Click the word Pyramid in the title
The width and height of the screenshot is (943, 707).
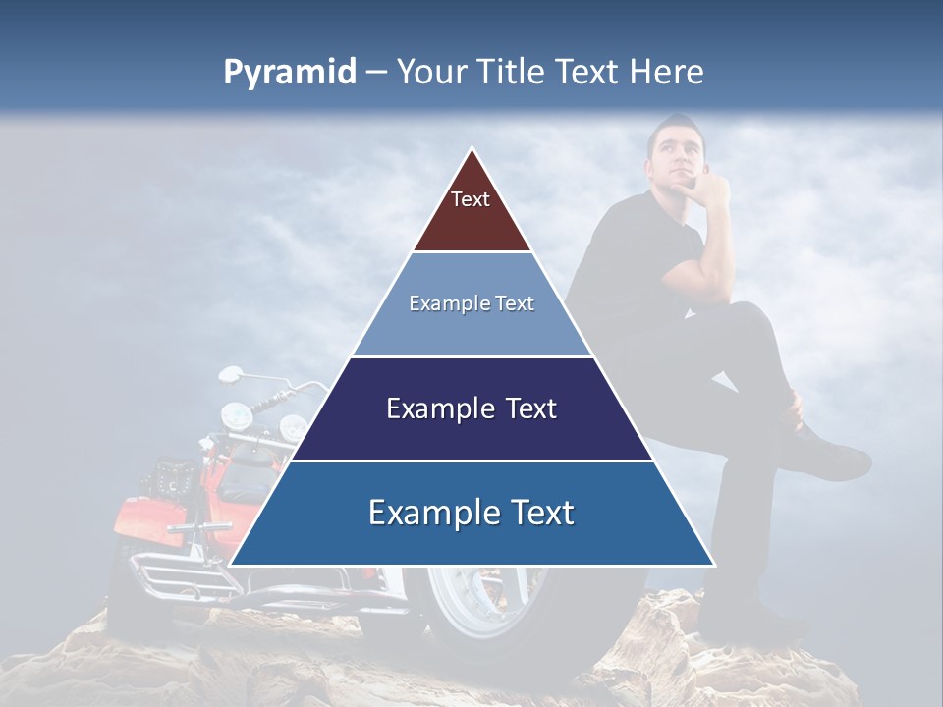coord(289,73)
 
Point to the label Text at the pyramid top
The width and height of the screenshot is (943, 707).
coord(471,199)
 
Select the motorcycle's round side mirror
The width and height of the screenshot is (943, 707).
coord(229,374)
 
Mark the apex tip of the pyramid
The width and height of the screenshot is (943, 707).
coord(472,149)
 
